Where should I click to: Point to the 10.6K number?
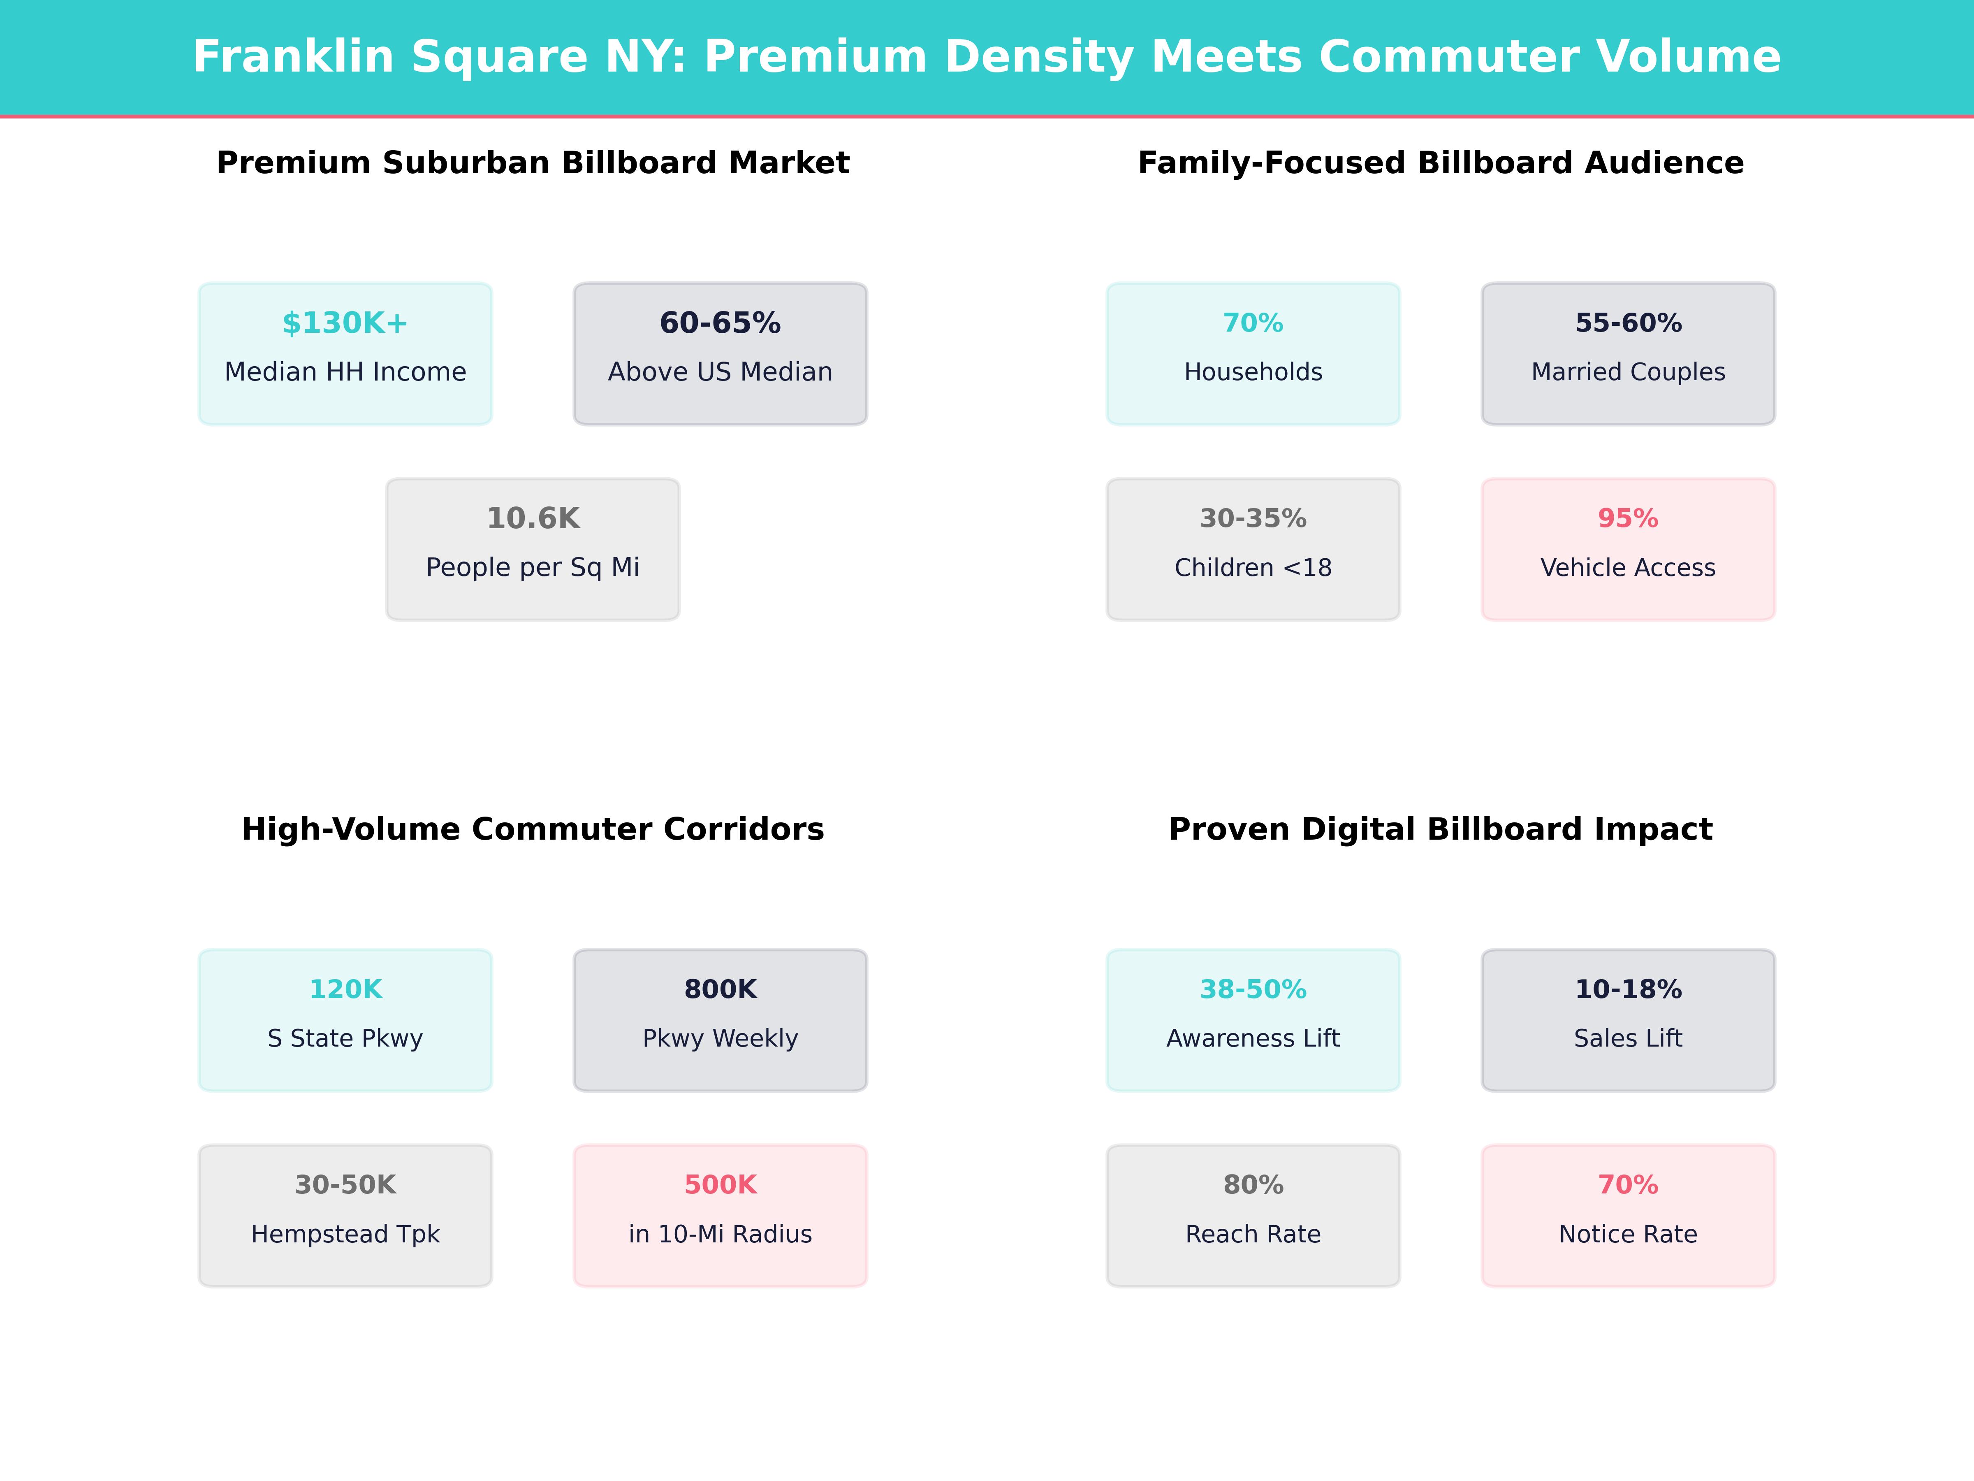[533, 519]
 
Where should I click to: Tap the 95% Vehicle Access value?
[1628, 519]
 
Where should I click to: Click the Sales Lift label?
[1628, 1038]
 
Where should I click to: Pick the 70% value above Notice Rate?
[1628, 1185]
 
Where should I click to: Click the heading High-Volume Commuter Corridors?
[533, 829]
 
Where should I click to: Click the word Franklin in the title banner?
[293, 57]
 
